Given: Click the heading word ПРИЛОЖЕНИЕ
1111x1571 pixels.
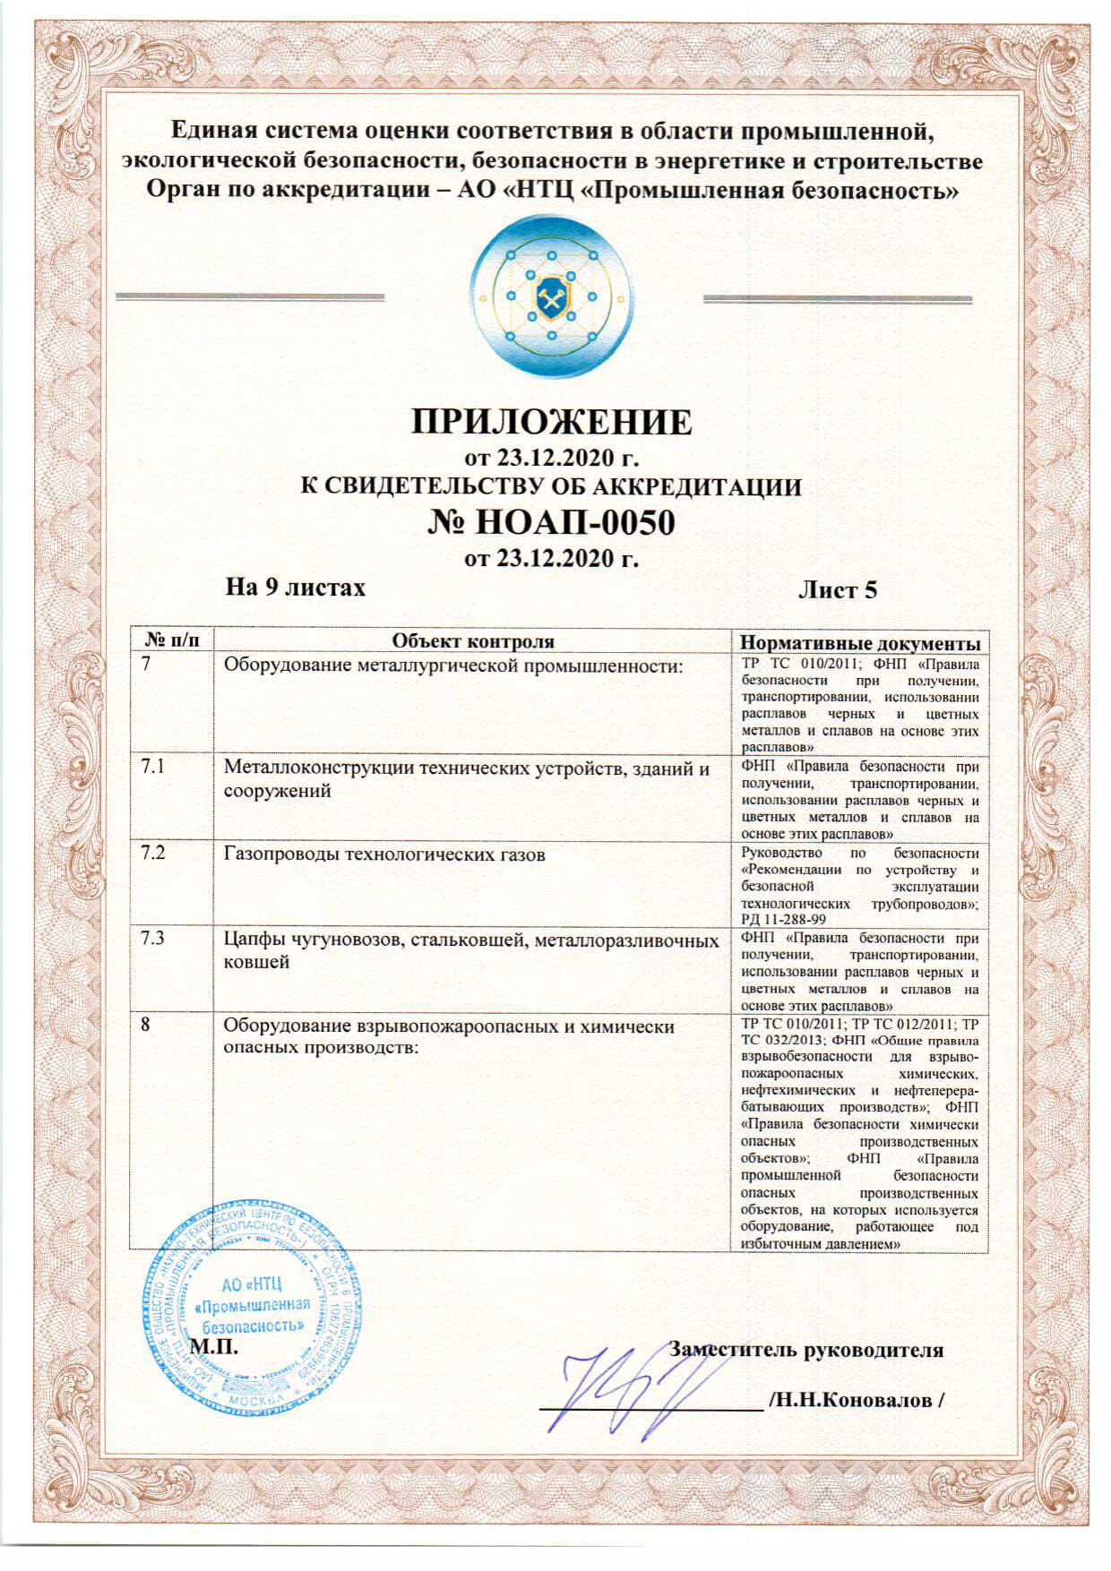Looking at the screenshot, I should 551,422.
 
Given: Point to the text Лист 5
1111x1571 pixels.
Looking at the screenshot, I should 837,590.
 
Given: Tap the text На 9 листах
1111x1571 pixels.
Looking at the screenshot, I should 295,588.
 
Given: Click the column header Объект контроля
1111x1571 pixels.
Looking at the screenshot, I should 473,641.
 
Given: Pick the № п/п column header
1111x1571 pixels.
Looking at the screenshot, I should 171,640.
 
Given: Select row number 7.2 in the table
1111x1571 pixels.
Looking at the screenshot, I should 153,852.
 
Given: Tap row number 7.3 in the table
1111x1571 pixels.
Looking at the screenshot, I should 153,939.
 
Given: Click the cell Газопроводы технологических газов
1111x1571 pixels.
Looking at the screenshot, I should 384,854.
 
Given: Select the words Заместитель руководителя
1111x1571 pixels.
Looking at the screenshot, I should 805,1350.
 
